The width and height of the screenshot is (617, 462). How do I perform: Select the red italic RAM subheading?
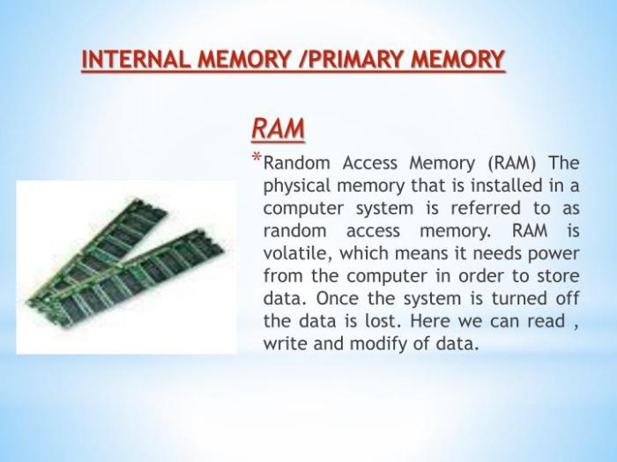279,128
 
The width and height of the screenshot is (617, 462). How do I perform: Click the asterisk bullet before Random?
256,159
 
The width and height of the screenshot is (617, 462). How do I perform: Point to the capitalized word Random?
300,164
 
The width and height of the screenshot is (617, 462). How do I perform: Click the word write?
285,343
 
